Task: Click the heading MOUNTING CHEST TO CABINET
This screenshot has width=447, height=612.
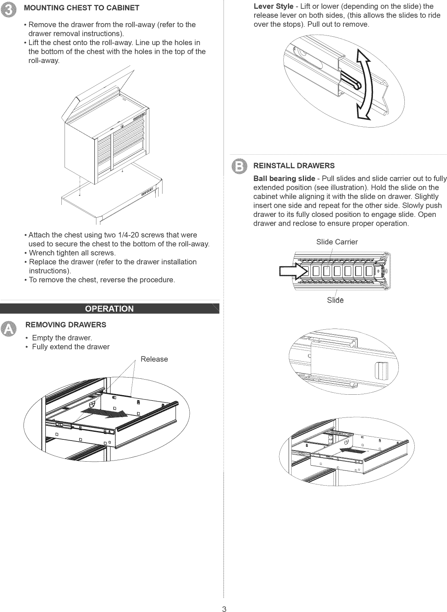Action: pos(82,8)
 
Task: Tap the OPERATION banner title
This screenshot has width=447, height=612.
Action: pos(110,309)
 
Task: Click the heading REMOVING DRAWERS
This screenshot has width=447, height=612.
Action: pos(66,325)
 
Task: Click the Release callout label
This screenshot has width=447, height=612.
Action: pos(154,359)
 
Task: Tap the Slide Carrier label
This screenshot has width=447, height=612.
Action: pos(337,242)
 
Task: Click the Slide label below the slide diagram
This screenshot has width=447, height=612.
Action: pos(335,300)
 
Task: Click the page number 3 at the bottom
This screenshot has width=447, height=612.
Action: pos(224,608)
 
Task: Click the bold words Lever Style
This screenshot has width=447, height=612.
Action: pos(273,6)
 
